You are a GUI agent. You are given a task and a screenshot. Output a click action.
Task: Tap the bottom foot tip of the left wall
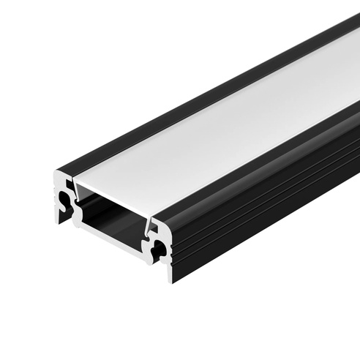(59, 220)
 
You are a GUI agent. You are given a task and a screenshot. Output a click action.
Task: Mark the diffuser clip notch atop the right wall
(151, 224)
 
